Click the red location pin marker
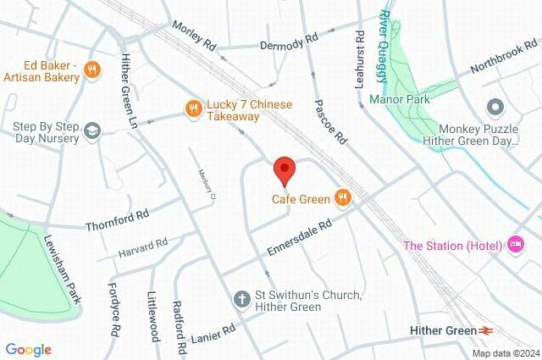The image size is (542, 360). coord(285,171)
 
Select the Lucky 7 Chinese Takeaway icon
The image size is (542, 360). coord(193,108)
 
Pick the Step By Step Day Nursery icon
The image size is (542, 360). coord(91,130)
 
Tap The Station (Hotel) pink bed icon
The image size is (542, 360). coord(516,246)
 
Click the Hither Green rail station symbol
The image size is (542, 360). coord(486,330)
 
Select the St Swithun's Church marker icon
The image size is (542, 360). coord(241,298)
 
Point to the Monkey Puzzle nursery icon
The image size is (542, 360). coord(495,108)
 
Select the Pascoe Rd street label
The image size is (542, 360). coord(330,120)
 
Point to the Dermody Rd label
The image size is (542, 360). coord(289,40)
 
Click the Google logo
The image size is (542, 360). coord(28,349)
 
